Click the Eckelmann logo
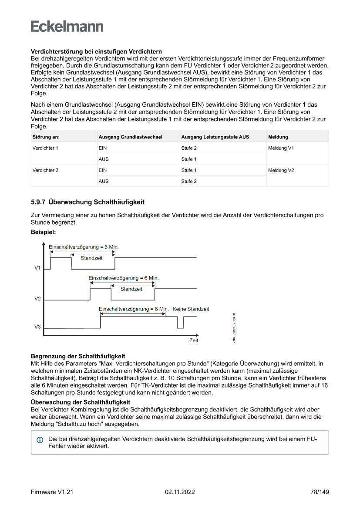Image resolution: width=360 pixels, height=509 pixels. click(67, 27)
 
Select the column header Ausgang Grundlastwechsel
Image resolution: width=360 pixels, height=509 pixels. click(130, 137)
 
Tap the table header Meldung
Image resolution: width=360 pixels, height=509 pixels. click(278, 137)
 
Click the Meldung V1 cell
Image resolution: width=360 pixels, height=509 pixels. click(281, 148)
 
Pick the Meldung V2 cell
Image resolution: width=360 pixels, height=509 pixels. click(281, 170)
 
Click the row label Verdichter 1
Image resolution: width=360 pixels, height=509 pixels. click(45, 148)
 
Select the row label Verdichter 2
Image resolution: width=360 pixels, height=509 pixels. click(45, 170)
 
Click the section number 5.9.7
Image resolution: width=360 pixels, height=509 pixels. click(38, 202)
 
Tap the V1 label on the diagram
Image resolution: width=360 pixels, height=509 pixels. click(37, 268)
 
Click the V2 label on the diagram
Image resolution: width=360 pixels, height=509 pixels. click(37, 299)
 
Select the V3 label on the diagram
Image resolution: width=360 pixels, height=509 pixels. click(37, 327)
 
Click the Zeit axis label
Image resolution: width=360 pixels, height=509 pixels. click(194, 340)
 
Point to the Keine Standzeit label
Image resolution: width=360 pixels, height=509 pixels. click(191, 309)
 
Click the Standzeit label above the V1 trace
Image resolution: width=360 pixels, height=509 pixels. click(92, 258)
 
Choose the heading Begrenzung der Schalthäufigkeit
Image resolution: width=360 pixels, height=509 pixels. click(78, 357)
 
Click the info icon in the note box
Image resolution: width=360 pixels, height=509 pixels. click(40, 440)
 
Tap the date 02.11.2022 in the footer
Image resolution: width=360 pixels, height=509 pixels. click(180, 492)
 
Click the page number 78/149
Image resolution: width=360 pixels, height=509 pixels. click(320, 492)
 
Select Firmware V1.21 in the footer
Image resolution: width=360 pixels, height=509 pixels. click(52, 492)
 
